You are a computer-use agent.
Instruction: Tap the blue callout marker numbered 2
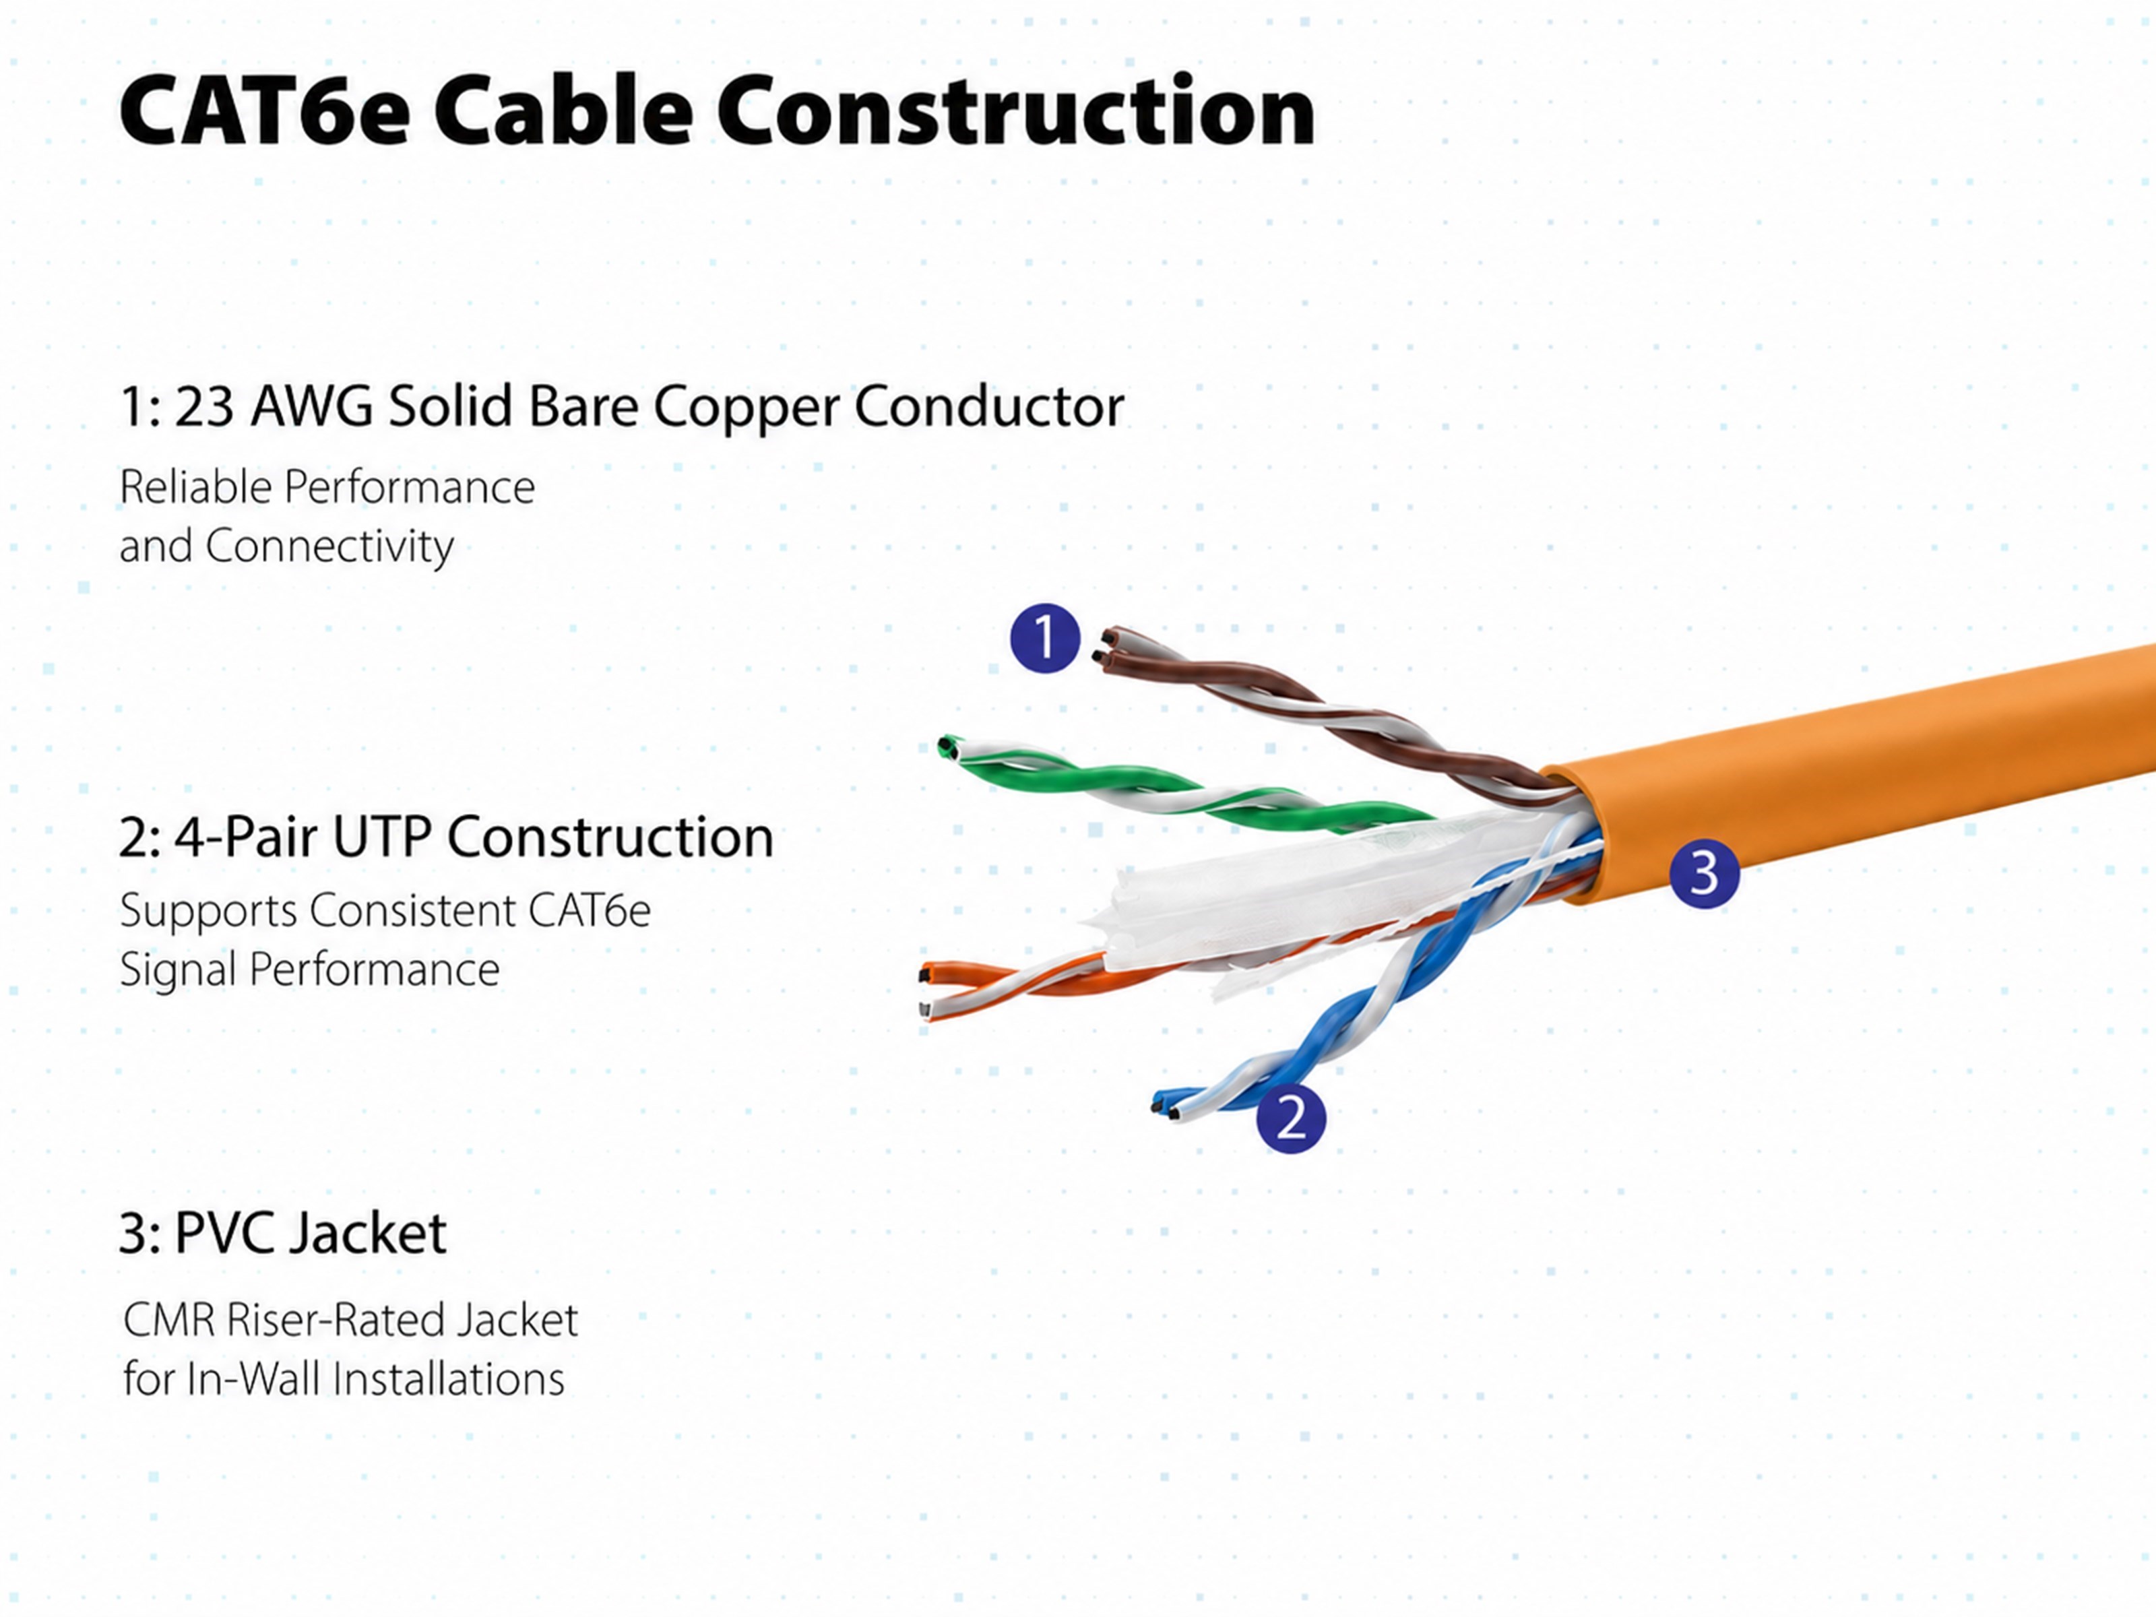[1290, 1118]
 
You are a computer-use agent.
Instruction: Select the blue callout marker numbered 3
[1704, 873]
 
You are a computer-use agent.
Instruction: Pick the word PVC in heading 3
[225, 1233]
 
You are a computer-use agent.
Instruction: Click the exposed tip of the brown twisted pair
[1107, 648]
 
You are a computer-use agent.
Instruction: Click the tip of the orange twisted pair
[926, 989]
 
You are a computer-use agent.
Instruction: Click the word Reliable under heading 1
[194, 487]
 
